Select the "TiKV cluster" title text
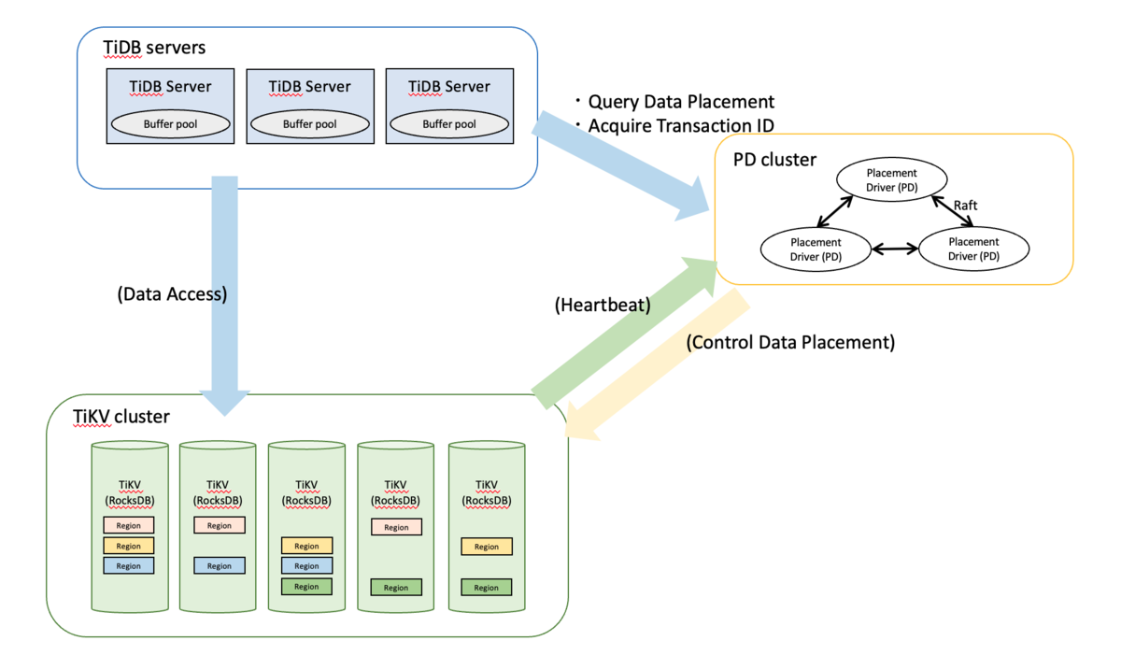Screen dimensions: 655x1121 pyautogui.click(x=121, y=417)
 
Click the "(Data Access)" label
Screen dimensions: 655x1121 pyautogui.click(x=172, y=293)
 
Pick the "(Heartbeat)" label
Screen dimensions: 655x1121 pyautogui.click(x=602, y=304)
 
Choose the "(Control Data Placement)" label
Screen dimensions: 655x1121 pyautogui.click(x=790, y=342)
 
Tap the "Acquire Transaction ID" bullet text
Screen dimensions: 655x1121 pyautogui.click(x=681, y=126)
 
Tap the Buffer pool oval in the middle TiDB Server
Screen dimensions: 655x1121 pyautogui.click(x=309, y=123)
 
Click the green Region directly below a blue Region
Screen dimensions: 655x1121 pyautogui.click(x=306, y=587)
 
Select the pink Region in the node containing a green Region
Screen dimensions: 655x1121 pyautogui.click(x=396, y=527)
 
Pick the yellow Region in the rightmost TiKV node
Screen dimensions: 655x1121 pyautogui.click(x=486, y=547)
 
